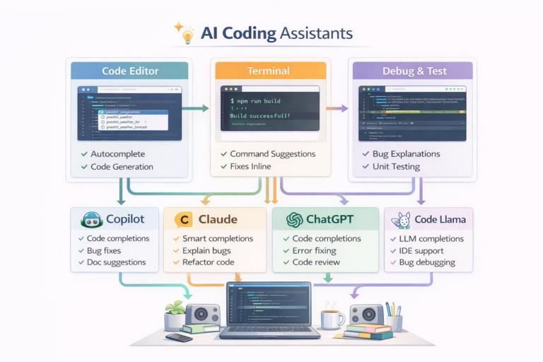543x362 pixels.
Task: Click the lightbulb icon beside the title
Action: tap(187, 33)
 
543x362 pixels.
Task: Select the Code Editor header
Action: tap(129, 71)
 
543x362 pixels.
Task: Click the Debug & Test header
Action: tap(411, 71)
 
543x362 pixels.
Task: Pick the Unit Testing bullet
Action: tap(395, 167)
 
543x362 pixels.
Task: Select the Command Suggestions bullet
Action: tap(272, 153)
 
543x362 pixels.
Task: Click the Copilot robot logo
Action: tap(92, 220)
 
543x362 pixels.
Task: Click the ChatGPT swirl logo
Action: tap(295, 220)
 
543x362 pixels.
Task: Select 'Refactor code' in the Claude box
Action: tap(209, 262)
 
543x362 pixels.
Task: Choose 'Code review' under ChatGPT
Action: tap(317, 262)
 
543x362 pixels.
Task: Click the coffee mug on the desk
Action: tap(330, 318)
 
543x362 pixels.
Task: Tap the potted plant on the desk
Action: tap(175, 312)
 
